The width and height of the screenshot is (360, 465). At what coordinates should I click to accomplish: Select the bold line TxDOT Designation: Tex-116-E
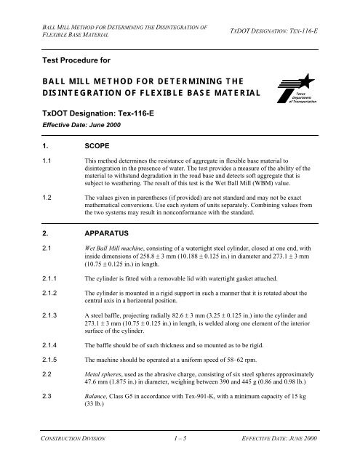99,113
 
